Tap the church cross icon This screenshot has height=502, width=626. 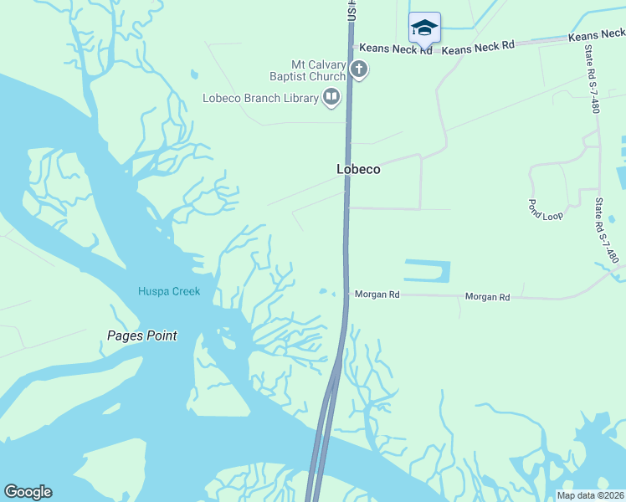tap(359, 69)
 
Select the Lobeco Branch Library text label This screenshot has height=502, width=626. tap(260, 99)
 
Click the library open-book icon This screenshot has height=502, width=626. tap(332, 98)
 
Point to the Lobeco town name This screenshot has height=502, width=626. tap(358, 169)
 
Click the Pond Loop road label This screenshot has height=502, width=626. tap(545, 209)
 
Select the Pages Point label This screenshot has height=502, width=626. tap(142, 336)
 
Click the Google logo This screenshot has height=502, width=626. tap(28, 492)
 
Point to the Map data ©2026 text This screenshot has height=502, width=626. tap(590, 495)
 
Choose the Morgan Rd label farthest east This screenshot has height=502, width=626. tap(487, 297)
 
